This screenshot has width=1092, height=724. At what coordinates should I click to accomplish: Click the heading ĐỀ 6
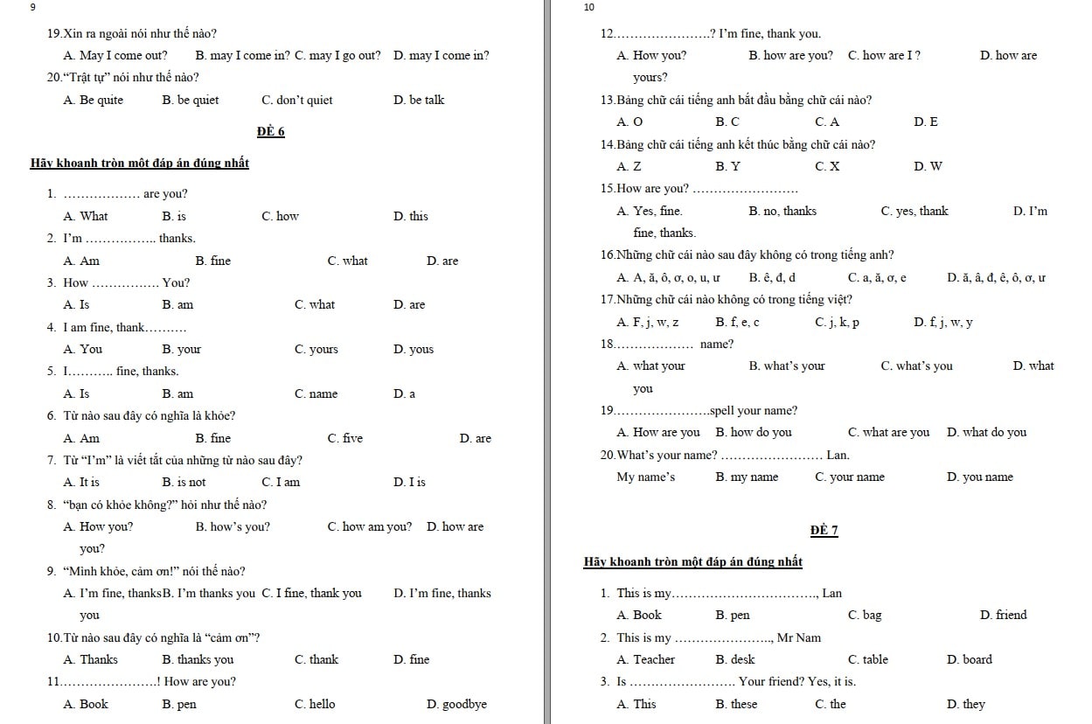(271, 132)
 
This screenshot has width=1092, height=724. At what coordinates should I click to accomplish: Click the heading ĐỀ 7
(824, 531)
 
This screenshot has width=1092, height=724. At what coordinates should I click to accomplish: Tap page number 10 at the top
(588, 7)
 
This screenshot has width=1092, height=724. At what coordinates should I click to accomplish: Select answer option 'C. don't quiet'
(296, 101)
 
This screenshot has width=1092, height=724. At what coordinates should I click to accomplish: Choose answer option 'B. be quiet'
(190, 101)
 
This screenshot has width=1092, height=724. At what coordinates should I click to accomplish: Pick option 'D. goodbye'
(456, 705)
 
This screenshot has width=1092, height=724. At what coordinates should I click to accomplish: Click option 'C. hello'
(315, 705)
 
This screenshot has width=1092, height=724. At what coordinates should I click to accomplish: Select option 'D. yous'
(414, 350)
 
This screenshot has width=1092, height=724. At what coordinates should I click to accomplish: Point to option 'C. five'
(344, 439)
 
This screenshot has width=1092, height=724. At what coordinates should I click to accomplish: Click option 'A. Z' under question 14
(628, 167)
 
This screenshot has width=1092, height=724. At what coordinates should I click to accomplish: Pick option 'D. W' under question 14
(928, 167)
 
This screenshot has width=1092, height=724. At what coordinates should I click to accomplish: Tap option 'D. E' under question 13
(925, 122)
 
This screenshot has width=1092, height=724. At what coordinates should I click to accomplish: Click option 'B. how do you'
(753, 433)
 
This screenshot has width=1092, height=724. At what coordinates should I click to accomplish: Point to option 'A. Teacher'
(645, 660)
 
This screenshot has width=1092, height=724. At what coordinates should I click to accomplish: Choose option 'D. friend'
(1004, 616)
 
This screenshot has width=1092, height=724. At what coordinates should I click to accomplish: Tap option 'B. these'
(736, 705)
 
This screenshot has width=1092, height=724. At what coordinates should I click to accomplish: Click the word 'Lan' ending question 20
(838, 456)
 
